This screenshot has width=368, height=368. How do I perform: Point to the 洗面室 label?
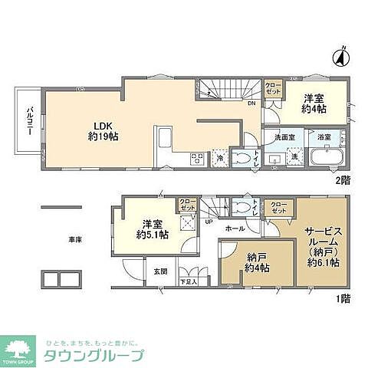click(x=285, y=137)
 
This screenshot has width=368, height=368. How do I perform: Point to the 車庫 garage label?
click(x=74, y=239)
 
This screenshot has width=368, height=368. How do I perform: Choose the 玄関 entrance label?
click(x=161, y=271)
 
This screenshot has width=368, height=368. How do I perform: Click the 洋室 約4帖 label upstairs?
click(x=313, y=103)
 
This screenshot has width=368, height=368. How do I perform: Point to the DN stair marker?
click(x=251, y=103)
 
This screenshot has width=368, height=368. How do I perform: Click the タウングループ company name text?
click(x=99, y=356)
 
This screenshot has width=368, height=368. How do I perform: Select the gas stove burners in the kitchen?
click(x=196, y=159)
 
